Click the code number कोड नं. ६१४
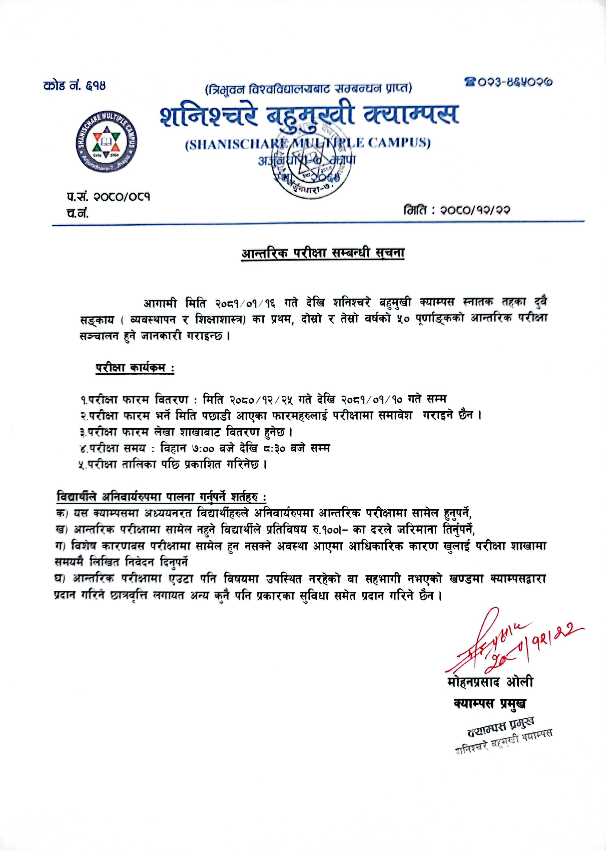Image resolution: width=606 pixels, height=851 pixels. point(75,86)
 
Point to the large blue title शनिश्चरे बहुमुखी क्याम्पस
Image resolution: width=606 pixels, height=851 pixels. point(309,115)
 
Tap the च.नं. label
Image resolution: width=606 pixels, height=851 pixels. point(77,213)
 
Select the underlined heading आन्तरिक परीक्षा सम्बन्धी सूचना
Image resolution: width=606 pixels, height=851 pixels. point(323,254)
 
